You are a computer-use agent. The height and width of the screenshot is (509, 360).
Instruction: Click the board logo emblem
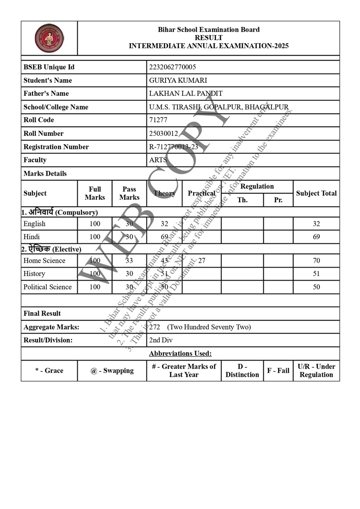(49, 38)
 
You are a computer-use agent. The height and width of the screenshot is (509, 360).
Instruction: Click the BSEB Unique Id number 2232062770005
(172, 67)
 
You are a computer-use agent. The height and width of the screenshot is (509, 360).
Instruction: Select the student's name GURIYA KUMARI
(178, 80)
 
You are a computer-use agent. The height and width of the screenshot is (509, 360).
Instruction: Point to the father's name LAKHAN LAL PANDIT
(185, 94)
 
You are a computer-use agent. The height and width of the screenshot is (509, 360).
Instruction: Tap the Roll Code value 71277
(158, 120)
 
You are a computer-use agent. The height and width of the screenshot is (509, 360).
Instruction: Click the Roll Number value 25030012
(164, 134)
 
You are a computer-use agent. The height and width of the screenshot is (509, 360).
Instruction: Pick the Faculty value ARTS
(158, 160)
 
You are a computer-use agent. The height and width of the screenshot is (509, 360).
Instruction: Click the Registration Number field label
(56, 147)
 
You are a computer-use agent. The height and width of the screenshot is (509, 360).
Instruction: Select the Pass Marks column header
(129, 194)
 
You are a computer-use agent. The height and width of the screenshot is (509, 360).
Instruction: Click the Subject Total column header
(316, 194)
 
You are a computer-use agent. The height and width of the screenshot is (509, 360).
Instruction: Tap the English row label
(35, 224)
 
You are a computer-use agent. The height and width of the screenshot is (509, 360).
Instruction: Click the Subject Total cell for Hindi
(316, 237)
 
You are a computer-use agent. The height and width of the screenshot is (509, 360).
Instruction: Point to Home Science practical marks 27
(202, 261)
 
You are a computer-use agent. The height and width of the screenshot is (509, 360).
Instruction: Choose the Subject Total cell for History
(316, 274)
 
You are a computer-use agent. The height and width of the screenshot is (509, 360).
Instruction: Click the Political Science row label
(48, 287)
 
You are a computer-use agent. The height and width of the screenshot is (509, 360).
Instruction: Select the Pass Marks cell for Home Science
(129, 261)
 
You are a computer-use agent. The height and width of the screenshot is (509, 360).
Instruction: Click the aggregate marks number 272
(154, 327)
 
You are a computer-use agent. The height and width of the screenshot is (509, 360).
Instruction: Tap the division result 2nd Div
(161, 340)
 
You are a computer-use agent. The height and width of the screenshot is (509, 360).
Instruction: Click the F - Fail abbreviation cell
(278, 371)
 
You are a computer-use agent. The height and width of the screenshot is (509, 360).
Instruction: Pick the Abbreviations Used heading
(180, 354)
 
